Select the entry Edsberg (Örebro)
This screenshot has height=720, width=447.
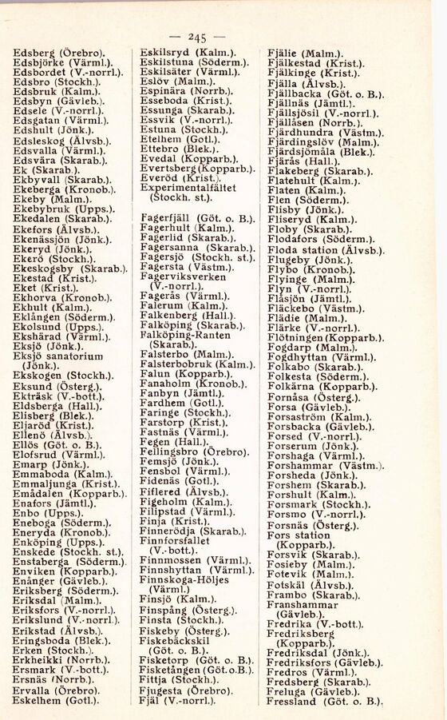pos(64,54)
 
